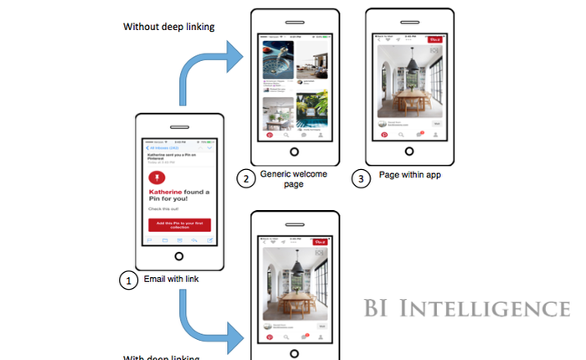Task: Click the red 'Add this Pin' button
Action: coord(179,225)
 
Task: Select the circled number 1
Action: coord(128,280)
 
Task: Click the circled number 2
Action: coord(245,177)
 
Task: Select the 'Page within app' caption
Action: coord(410,176)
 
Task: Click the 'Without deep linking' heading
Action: coord(169,26)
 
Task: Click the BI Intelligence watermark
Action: coord(467,309)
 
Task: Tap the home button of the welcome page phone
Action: coord(293,152)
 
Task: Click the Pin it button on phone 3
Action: coord(434,39)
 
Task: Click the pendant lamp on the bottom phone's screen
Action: coord(297,267)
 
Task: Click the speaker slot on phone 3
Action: coord(409,21)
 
